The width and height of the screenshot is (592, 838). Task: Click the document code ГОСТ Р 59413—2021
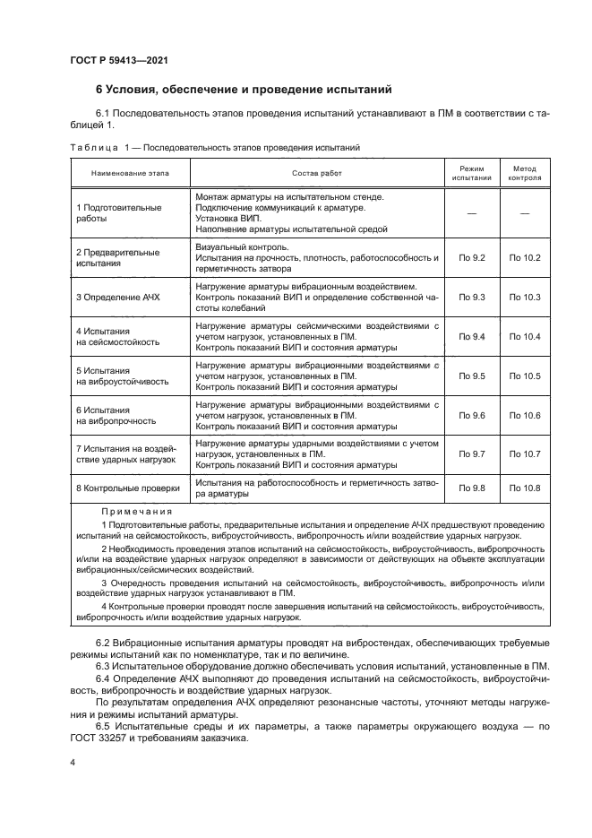[x=118, y=60]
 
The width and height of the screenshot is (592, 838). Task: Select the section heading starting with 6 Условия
[x=244, y=90]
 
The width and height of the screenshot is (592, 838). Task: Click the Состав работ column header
[x=317, y=172]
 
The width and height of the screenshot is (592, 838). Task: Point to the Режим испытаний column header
[x=471, y=172]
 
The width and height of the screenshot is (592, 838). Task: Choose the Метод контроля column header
[x=525, y=172]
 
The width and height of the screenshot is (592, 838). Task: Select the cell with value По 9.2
[x=471, y=258]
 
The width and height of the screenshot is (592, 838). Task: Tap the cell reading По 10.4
[x=525, y=336]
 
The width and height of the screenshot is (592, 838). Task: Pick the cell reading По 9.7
[x=471, y=454]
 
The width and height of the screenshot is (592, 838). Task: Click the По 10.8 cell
[x=525, y=488]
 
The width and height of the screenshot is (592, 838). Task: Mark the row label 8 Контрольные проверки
[x=128, y=488]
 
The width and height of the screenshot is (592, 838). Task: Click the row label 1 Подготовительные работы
[x=118, y=212]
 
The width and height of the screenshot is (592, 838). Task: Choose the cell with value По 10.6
[x=525, y=415]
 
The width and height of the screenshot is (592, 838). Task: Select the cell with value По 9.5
[x=471, y=376]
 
